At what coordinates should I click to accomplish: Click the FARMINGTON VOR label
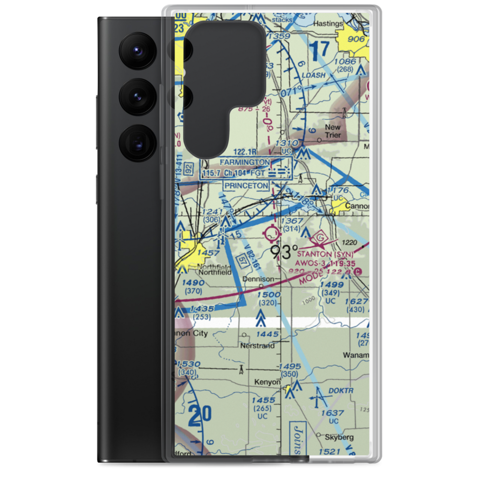[x=245, y=162]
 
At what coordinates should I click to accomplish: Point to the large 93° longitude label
[x=285, y=251]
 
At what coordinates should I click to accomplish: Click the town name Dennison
[x=259, y=279]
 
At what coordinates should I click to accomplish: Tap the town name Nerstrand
[x=258, y=345]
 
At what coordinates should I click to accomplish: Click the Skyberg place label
[x=340, y=437]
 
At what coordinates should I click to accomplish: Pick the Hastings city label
[x=329, y=23]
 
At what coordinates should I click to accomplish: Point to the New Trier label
[x=333, y=131]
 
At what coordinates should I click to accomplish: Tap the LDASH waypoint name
[x=314, y=75]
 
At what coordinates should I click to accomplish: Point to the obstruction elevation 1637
[x=332, y=413]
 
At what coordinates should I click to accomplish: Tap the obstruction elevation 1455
[x=264, y=400]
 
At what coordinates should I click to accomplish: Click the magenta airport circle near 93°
[x=272, y=233]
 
